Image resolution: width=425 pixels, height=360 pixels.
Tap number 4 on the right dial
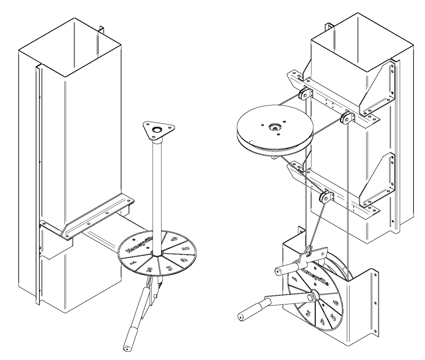tap(322, 322)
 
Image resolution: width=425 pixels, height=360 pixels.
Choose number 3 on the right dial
tap(308, 313)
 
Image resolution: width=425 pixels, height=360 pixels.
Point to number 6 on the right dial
tap(336, 303)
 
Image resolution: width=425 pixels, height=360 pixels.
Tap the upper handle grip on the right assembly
tap(286, 267)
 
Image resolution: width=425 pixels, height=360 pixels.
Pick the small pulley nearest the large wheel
tap(304, 95)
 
